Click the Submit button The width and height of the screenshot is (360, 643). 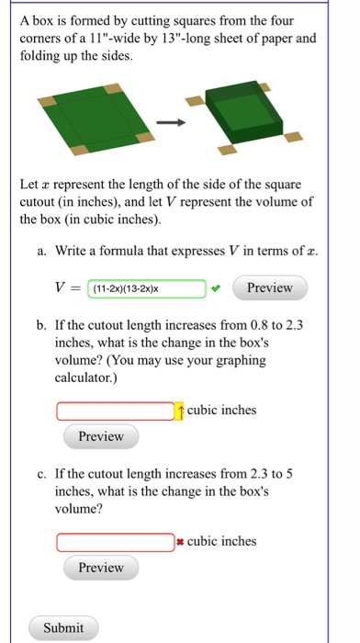pos(63,628)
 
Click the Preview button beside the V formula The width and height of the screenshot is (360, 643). pos(269,288)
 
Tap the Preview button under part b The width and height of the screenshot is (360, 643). pos(101,436)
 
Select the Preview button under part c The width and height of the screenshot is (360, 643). pos(101,568)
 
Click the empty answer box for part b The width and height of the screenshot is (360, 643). pos(115,411)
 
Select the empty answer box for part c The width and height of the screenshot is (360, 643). pos(115,542)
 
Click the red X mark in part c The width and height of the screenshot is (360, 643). pos(181,542)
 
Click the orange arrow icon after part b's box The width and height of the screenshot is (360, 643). pos(180,411)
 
